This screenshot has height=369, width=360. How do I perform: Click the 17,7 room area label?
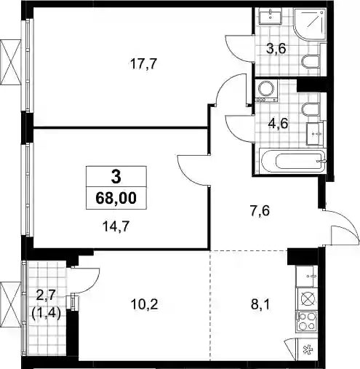144,64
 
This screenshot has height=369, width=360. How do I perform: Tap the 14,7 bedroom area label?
116,227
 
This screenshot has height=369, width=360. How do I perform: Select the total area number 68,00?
116,198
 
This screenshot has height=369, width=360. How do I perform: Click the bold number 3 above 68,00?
116,177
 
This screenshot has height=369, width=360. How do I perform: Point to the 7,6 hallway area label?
260,210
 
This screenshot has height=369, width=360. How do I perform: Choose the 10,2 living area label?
144,304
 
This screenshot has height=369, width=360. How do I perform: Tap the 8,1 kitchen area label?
260,304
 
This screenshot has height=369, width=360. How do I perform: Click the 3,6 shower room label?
276,49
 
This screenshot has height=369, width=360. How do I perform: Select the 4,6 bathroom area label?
278,124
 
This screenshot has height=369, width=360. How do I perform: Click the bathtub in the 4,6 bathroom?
292,161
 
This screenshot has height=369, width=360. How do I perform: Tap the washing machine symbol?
266,91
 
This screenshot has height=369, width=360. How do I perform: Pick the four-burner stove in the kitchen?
307,322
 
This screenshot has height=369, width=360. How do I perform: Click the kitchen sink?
307,277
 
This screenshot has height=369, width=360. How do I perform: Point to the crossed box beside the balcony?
11,305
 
